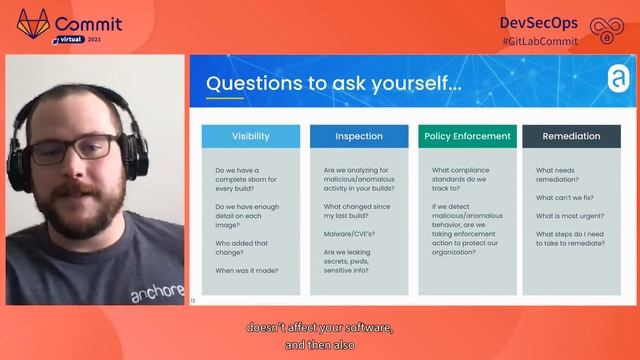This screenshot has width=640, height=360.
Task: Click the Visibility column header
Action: click(250, 136)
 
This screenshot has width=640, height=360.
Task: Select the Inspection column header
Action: click(359, 136)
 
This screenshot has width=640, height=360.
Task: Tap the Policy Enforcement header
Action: click(465, 136)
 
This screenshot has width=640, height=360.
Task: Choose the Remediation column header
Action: click(571, 136)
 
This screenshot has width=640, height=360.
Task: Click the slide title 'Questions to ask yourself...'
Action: click(334, 84)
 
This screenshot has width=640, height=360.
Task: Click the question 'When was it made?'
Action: click(246, 270)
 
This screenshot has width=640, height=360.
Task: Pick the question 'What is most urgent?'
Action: click(569, 216)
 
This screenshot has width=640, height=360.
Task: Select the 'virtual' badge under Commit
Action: click(71, 38)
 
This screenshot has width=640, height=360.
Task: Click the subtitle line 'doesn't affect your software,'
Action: click(320, 327)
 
